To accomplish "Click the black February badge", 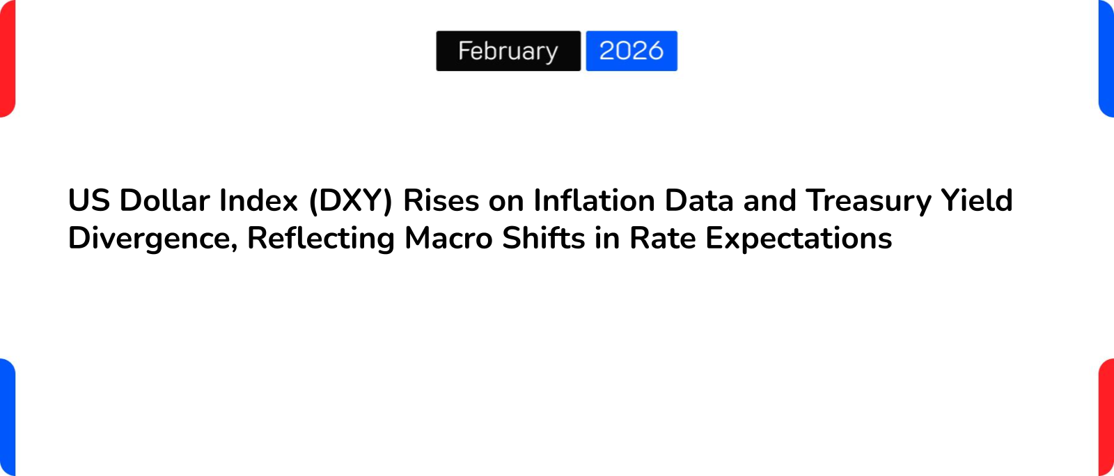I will [508, 51].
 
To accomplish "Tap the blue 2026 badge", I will [631, 51].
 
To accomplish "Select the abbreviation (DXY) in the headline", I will [351, 200].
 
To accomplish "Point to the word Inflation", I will [594, 200].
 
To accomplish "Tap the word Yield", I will [977, 200].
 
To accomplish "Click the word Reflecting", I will [321, 238].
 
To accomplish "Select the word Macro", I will [448, 238].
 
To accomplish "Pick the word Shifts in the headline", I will [544, 238].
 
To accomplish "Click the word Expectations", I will [799, 238].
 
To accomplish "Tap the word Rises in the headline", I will [441, 200].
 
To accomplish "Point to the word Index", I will [258, 200].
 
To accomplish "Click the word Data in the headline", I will [699, 200].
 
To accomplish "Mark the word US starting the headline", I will [89, 200].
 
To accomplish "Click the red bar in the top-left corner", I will [7, 58].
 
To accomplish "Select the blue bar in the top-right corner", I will [1106, 58].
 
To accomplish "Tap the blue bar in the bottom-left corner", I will [7, 418].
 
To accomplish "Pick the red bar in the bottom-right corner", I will [1106, 418].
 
